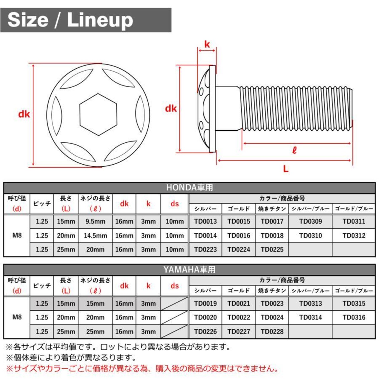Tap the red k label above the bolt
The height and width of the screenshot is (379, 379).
[x=207, y=44]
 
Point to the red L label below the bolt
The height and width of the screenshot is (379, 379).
[x=285, y=168]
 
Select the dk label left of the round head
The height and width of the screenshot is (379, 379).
[x=24, y=114]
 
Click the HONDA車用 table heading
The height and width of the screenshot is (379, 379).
[x=189, y=187]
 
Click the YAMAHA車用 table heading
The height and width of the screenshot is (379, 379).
[x=189, y=269]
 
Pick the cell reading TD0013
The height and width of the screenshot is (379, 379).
[x=205, y=221]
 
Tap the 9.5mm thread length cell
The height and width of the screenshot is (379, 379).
[x=95, y=221]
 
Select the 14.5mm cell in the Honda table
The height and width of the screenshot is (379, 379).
[x=95, y=235]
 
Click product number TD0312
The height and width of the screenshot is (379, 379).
[x=354, y=235]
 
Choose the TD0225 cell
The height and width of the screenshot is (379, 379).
[x=272, y=249]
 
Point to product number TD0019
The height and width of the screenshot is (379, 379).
[x=205, y=303]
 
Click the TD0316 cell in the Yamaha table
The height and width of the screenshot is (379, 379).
[x=354, y=317]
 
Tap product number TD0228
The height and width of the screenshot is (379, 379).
[x=272, y=331]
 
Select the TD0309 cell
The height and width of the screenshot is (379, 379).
[x=311, y=221]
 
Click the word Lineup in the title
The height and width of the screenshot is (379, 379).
[x=100, y=20]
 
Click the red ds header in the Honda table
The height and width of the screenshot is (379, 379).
[x=174, y=204]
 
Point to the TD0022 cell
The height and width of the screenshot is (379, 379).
[x=239, y=317]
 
